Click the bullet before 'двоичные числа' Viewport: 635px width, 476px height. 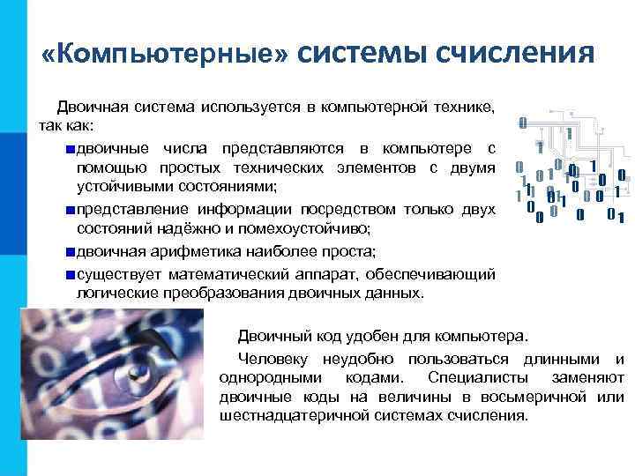70,147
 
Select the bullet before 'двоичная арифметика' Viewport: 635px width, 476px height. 70,251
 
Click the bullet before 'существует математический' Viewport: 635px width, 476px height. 70,273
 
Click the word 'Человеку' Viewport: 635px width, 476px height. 269,359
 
